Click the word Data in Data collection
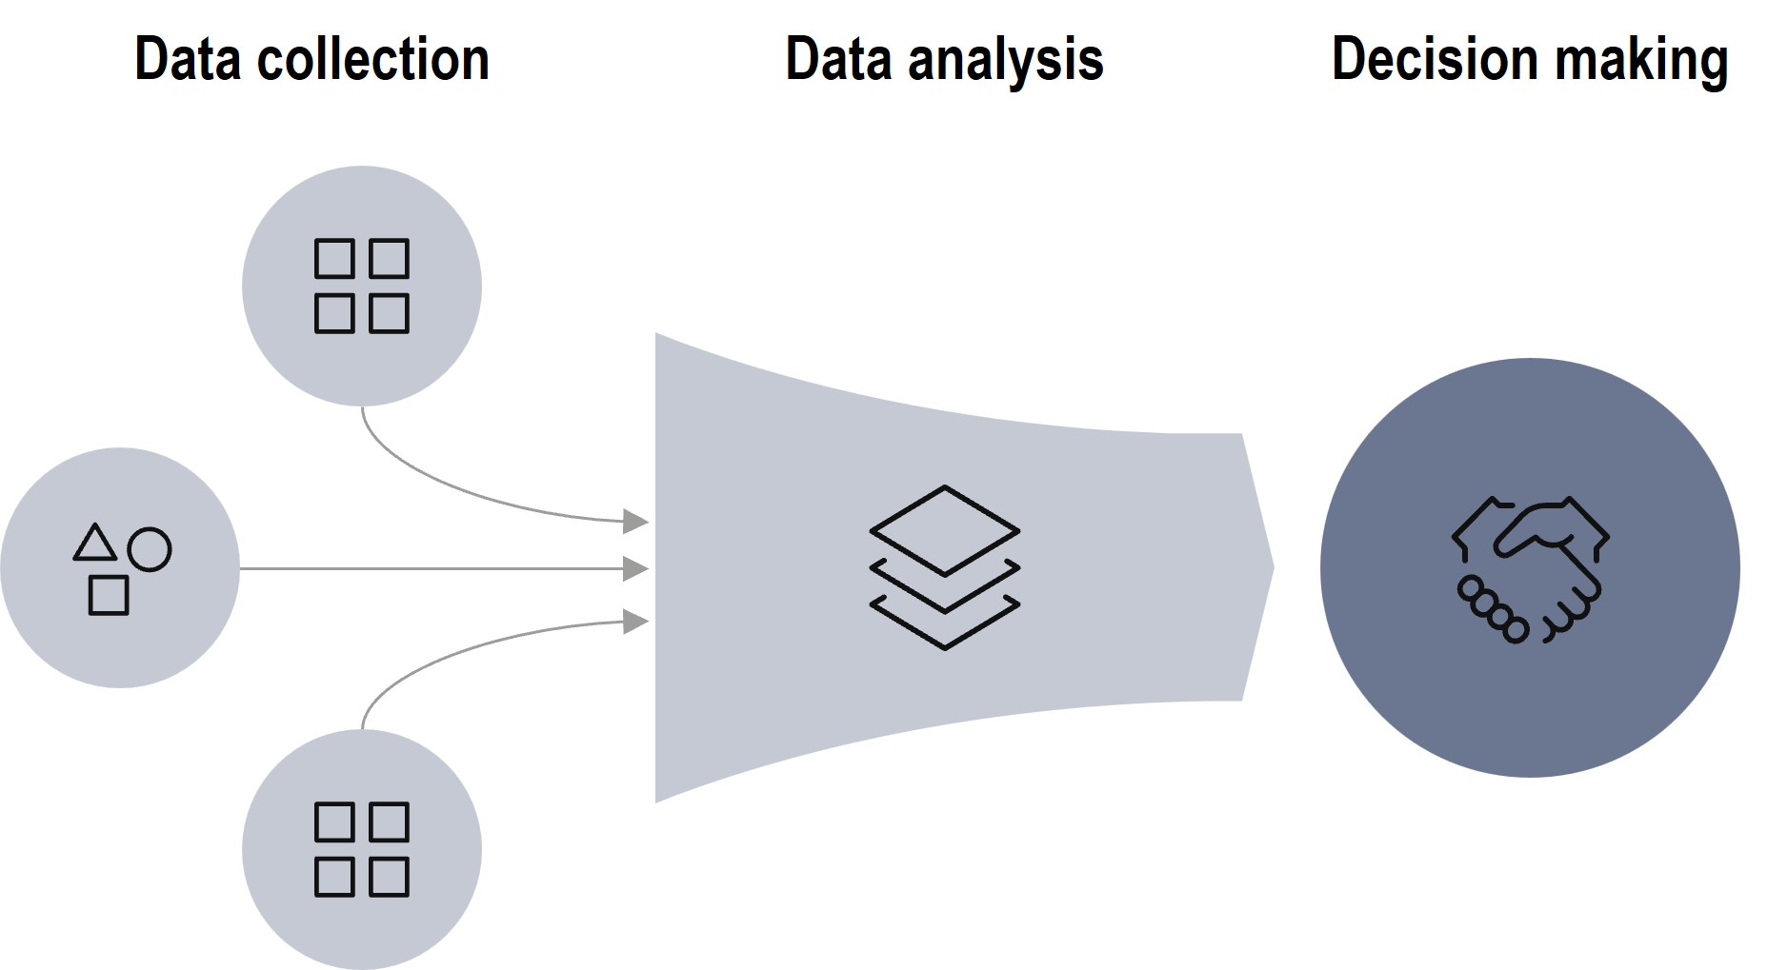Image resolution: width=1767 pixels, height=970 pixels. click(188, 60)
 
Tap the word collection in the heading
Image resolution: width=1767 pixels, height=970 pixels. click(373, 60)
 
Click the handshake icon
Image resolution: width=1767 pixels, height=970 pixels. click(1530, 569)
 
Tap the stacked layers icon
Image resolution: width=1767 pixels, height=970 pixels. click(945, 568)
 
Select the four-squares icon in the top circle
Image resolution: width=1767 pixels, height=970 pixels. click(362, 286)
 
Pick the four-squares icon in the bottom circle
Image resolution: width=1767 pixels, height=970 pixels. click(362, 849)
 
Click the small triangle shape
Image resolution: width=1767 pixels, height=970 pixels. click(95, 544)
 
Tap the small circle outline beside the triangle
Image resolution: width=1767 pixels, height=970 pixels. click(150, 549)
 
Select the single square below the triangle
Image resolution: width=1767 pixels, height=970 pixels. click(109, 595)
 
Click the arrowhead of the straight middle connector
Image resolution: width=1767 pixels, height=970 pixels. click(635, 568)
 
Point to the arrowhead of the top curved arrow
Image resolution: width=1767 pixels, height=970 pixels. click(635, 521)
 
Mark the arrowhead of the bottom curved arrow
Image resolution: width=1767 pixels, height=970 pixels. click(635, 622)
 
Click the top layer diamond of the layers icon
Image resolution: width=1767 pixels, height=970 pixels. click(945, 530)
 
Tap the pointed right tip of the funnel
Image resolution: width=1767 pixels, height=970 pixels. click(1271, 568)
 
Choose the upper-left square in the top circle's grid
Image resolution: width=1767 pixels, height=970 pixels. click(334, 258)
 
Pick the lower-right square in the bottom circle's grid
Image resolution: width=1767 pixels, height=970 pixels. click(389, 877)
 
